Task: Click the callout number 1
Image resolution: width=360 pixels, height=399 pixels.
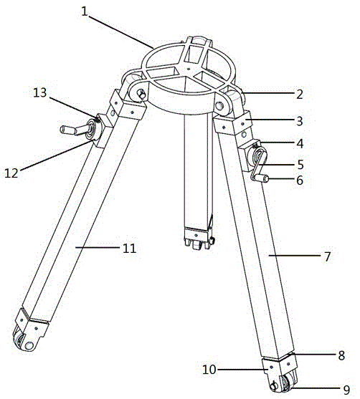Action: click(x=85, y=11)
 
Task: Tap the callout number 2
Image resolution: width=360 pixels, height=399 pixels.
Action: click(x=300, y=94)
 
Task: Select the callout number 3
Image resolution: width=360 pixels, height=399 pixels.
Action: click(x=300, y=121)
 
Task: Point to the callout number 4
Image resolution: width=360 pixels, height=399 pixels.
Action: click(x=300, y=143)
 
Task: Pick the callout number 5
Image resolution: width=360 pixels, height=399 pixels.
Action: click(x=300, y=165)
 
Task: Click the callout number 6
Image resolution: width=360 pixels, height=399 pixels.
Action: click(x=300, y=181)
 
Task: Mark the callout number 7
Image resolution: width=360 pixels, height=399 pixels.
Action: click(x=328, y=256)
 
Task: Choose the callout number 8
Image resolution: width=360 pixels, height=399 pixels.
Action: click(x=341, y=355)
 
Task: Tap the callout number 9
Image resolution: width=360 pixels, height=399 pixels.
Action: click(x=346, y=390)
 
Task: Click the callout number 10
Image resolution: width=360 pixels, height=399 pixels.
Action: click(x=209, y=369)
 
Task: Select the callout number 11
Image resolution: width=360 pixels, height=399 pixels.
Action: click(x=129, y=248)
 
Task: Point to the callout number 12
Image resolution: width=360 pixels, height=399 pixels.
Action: click(x=11, y=173)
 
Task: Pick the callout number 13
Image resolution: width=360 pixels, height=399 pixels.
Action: click(x=40, y=92)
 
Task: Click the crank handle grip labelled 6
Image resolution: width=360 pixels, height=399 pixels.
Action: click(x=262, y=178)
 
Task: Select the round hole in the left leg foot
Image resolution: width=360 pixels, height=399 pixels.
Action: click(x=29, y=345)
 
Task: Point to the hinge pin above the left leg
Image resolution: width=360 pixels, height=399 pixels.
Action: click(x=142, y=95)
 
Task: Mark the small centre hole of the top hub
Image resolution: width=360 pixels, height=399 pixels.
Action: click(x=189, y=69)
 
